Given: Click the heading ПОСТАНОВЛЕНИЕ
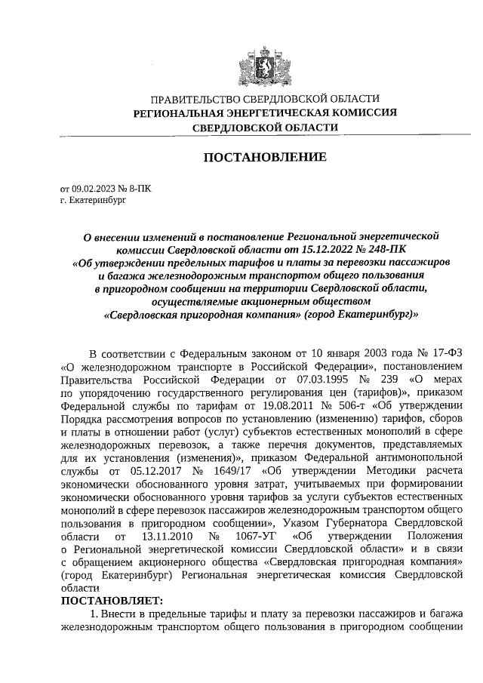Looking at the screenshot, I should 263,158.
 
